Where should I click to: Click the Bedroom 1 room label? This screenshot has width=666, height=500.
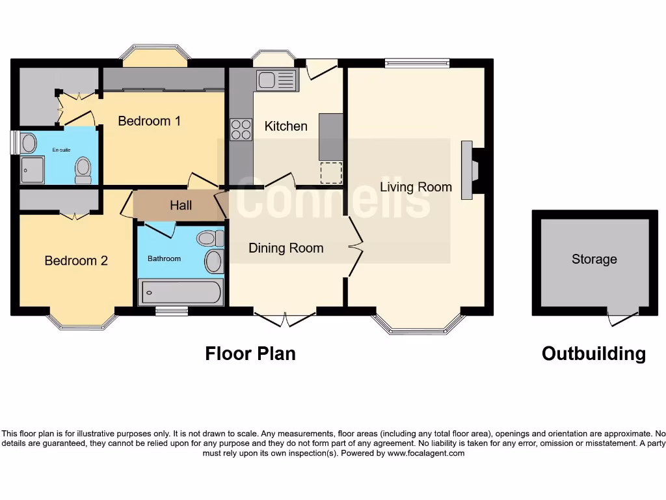[x=149, y=121]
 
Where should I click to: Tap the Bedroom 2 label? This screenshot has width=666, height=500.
[x=76, y=260]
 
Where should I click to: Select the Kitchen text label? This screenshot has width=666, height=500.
[x=286, y=126]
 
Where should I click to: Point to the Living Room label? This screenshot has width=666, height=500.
[x=416, y=187]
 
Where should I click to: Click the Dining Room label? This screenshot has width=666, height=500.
[x=286, y=247]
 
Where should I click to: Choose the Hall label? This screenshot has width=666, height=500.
[x=181, y=205]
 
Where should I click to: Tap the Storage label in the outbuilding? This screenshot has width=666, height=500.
[x=594, y=259]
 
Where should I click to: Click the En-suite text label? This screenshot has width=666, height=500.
[x=61, y=150]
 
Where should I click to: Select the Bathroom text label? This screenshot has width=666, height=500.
[x=164, y=258]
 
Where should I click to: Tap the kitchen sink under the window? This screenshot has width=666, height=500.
[x=276, y=81]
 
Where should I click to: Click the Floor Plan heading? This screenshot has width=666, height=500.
[x=250, y=354]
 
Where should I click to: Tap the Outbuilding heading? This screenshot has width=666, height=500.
[x=593, y=354]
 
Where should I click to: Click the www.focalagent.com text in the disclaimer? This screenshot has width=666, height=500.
[x=426, y=453]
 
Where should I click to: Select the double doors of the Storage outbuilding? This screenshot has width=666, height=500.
[x=622, y=318]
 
